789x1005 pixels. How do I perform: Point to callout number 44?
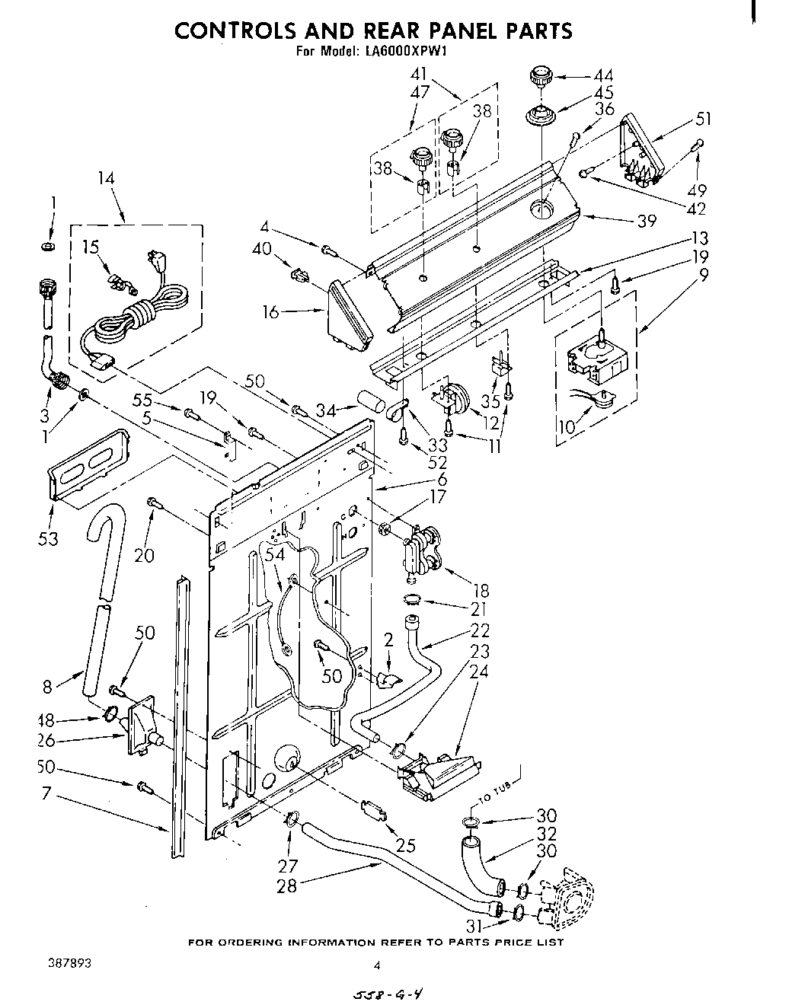(x=603, y=75)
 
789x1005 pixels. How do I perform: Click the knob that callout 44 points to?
(x=540, y=77)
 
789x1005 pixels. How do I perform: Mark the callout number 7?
(x=46, y=793)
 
